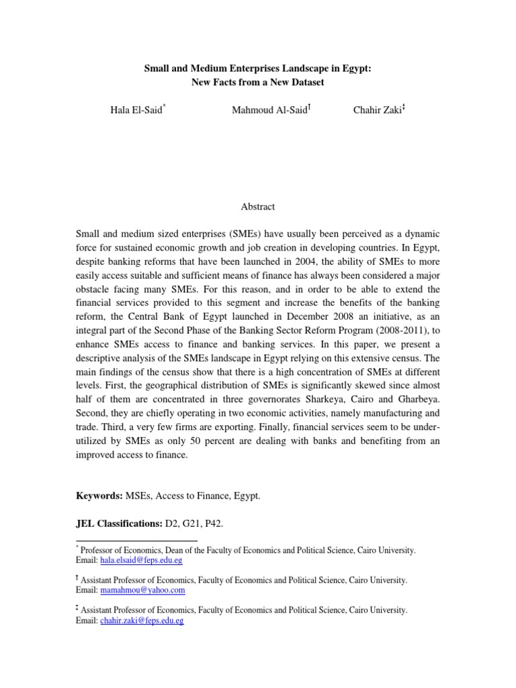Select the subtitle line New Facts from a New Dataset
(257, 82)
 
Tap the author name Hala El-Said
(136, 110)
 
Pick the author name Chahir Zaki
(376, 110)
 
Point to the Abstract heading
(257, 207)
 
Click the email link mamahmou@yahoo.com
(142, 590)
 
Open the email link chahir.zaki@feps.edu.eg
(142, 621)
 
